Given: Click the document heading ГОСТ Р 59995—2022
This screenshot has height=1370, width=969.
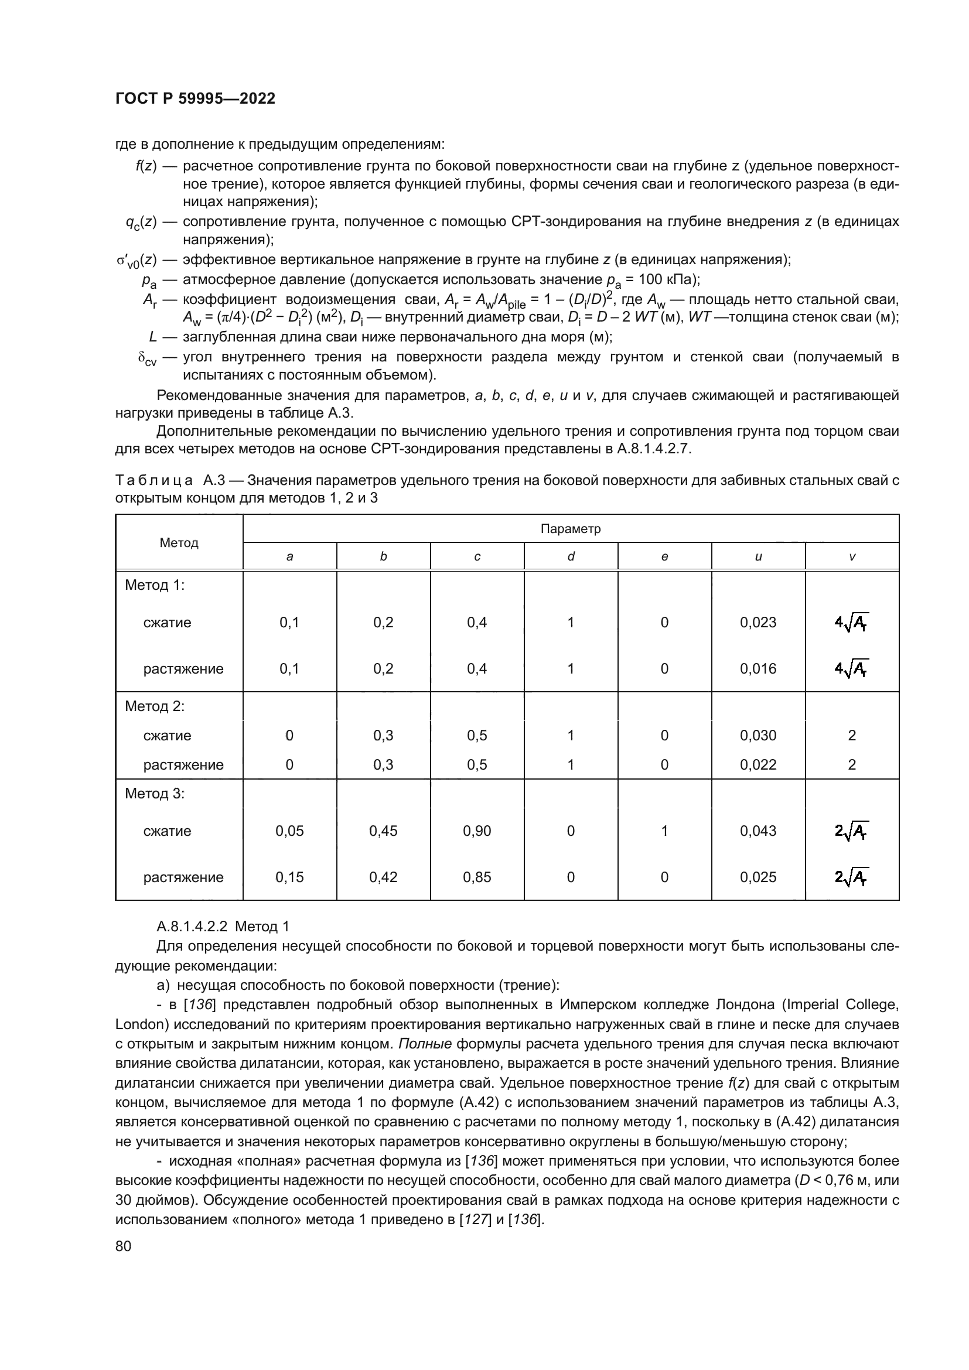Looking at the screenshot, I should coord(195,98).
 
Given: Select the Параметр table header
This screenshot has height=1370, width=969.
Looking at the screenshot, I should coord(570,529).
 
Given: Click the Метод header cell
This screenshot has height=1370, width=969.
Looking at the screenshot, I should coord(179,542).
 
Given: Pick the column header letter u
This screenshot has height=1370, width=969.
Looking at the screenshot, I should coord(758,556).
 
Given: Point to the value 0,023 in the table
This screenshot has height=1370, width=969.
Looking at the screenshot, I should coord(758,623).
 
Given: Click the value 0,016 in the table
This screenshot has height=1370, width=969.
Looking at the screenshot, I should coord(758,668).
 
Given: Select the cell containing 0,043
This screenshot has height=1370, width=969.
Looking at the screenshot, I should coord(758,831).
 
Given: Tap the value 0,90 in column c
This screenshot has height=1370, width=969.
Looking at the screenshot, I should coord(477,831).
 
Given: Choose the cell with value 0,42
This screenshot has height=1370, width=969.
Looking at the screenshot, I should coord(383,877).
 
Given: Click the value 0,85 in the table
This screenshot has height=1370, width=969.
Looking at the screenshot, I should coord(477,877).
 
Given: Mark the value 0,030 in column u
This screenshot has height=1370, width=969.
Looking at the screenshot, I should coord(758,735).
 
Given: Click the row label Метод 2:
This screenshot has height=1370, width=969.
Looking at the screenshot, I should coord(155,706).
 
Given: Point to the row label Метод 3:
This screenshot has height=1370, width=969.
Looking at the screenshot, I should coord(155,794).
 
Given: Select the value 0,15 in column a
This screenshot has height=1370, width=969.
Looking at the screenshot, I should coord(289,877).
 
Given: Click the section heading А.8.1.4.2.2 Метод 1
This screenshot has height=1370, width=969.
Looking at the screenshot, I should coord(223,926).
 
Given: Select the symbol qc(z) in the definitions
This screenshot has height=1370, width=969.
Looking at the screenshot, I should coord(141,223).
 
